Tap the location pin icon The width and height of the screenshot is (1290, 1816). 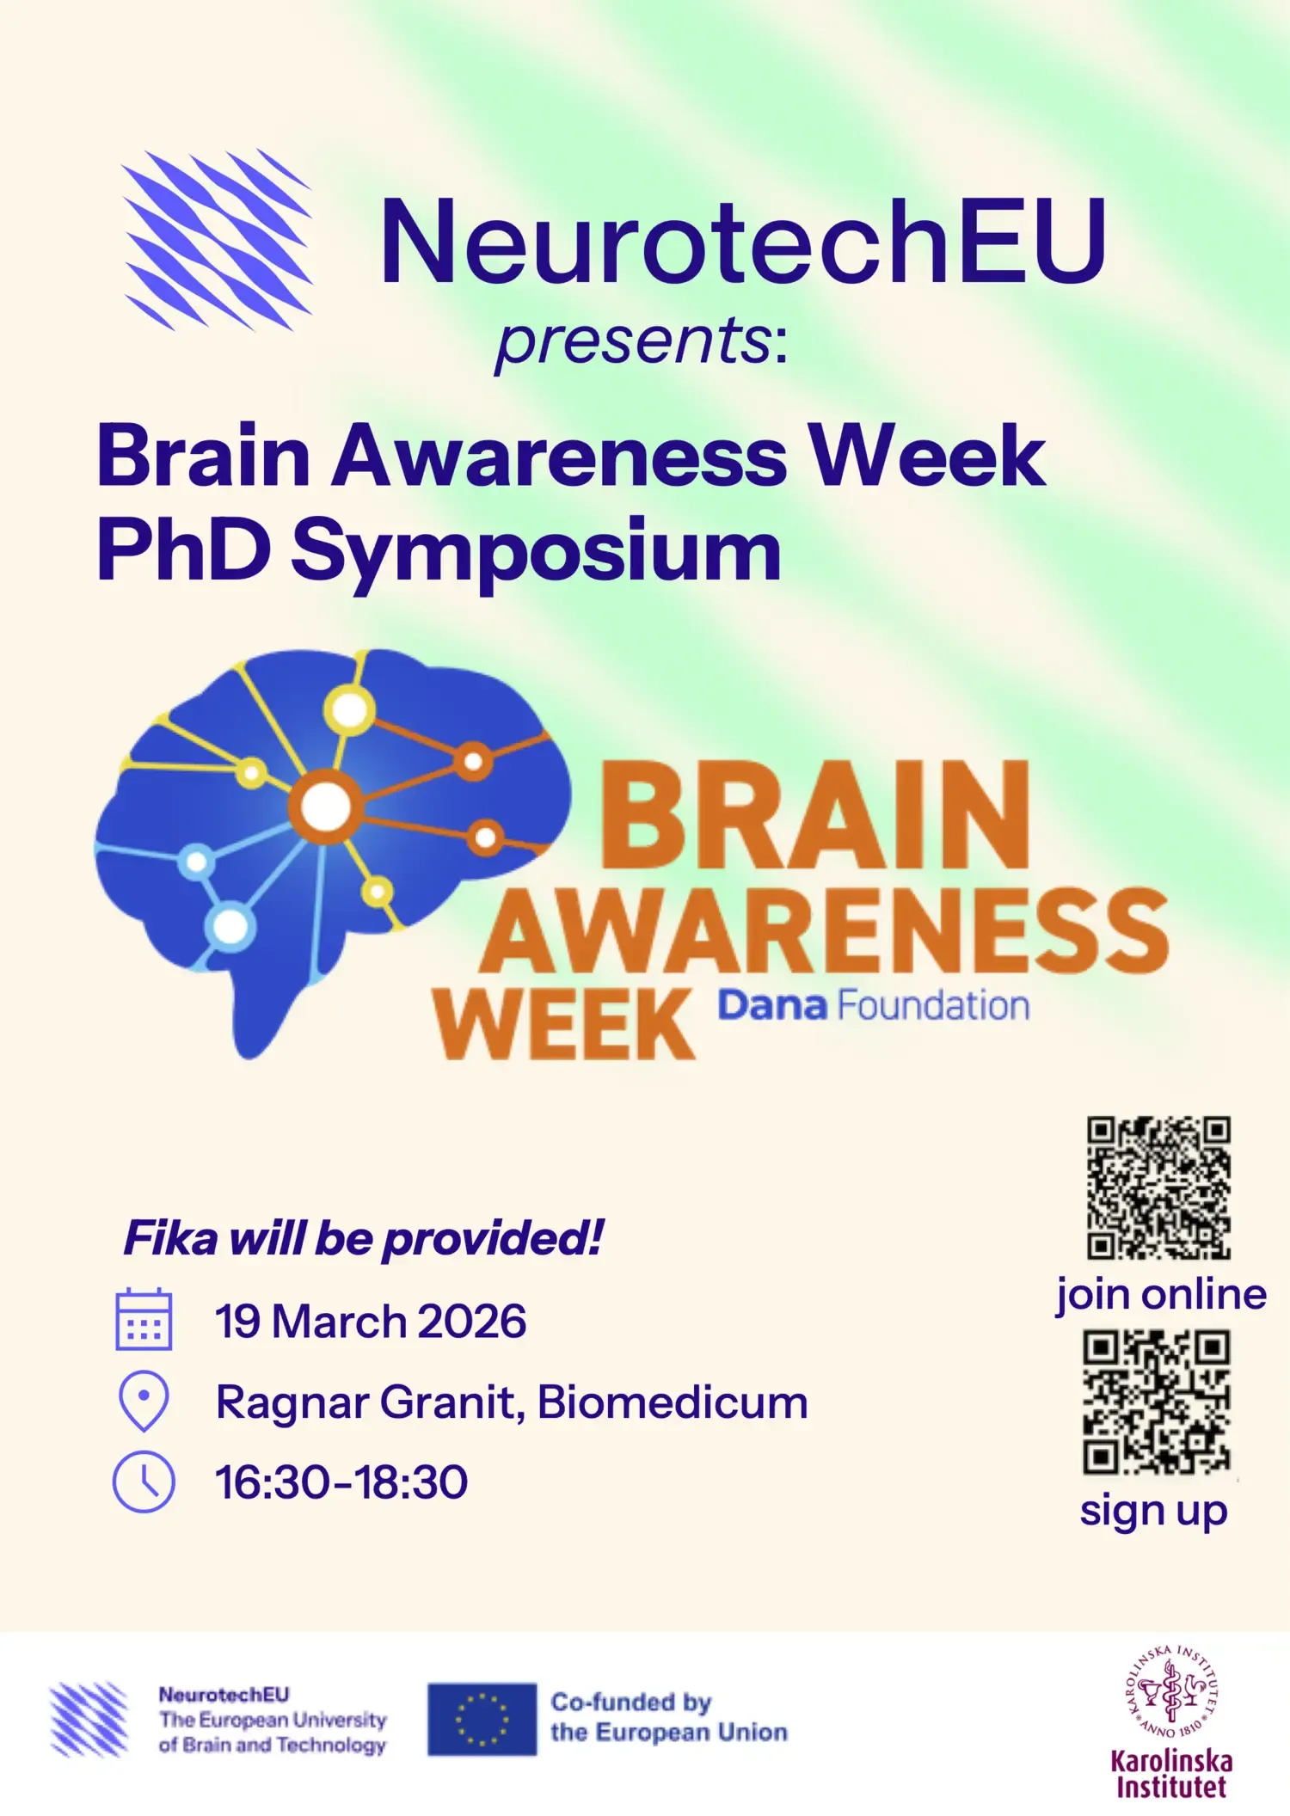[x=144, y=1400]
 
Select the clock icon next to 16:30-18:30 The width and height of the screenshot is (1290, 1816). [x=144, y=1482]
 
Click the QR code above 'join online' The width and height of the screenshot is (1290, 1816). [x=1158, y=1187]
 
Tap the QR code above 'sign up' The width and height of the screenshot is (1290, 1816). [x=1157, y=1402]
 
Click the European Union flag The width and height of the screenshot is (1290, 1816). [x=482, y=1719]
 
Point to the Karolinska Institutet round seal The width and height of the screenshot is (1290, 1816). [x=1171, y=1691]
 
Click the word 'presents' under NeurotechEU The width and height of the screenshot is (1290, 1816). [x=634, y=340]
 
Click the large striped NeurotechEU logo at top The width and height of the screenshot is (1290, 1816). [x=218, y=240]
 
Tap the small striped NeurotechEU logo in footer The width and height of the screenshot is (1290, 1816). [x=89, y=1719]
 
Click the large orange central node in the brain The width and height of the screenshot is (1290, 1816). [x=325, y=806]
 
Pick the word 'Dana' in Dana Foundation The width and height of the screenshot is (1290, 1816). [x=771, y=1005]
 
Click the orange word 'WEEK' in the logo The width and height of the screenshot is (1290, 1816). [x=563, y=1024]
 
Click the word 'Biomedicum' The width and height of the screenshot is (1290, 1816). [x=673, y=1402]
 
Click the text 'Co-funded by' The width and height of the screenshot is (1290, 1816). [x=630, y=1702]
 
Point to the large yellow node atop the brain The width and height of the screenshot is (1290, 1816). [x=349, y=709]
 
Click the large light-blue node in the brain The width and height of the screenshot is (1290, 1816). [x=230, y=926]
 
